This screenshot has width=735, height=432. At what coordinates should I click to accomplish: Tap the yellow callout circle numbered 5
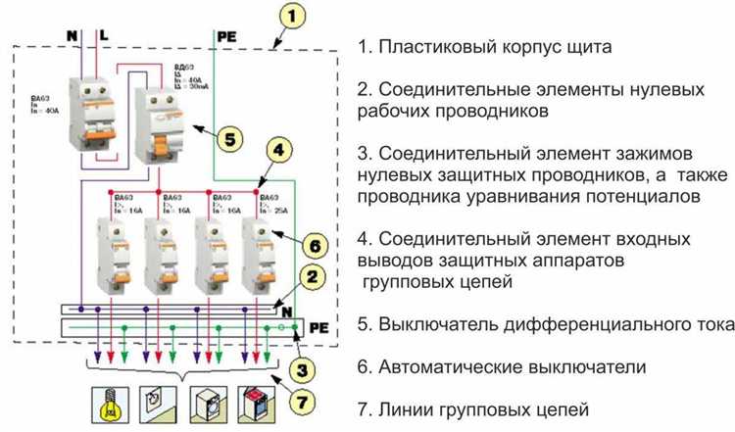pyautogui.click(x=226, y=139)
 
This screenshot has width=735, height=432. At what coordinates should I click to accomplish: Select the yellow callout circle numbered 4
pyautogui.click(x=279, y=151)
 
